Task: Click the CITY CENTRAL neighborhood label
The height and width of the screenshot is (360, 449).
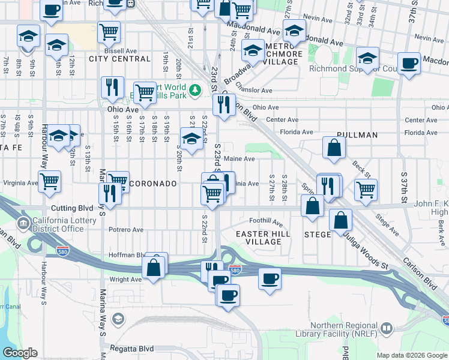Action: [x=119, y=59]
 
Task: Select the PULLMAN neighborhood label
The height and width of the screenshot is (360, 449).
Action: [x=357, y=135]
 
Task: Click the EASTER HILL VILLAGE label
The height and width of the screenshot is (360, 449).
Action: [x=263, y=238]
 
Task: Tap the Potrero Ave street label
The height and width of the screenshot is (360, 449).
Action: [x=125, y=230]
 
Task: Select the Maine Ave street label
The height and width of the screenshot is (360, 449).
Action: [x=240, y=159]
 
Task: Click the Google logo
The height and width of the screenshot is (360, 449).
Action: [x=20, y=353]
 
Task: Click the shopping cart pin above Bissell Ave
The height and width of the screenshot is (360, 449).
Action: [x=109, y=32]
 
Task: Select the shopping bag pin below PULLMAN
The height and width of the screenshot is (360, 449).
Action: [x=333, y=148]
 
